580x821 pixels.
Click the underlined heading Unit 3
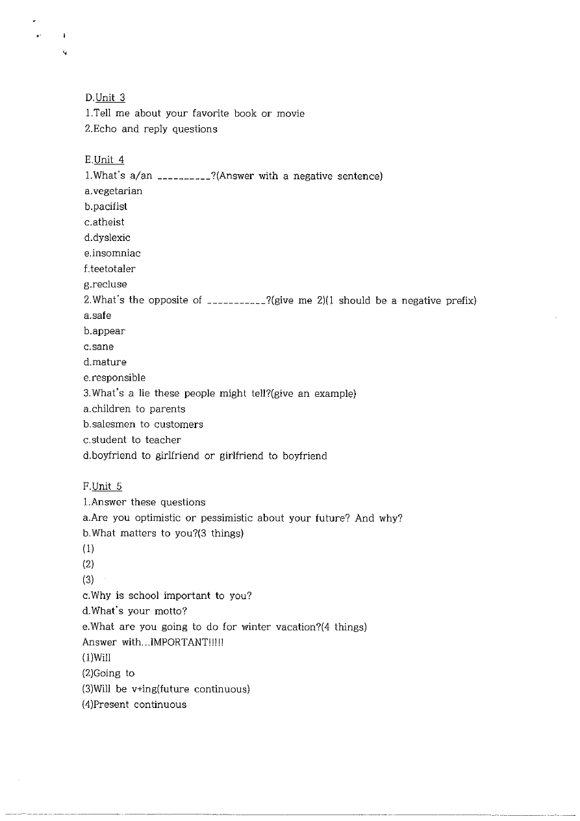pyautogui.click(x=110, y=98)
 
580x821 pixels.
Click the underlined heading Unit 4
pyautogui.click(x=109, y=160)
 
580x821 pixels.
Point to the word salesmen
pyautogui.click(x=112, y=425)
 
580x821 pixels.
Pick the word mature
pyautogui.click(x=109, y=362)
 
